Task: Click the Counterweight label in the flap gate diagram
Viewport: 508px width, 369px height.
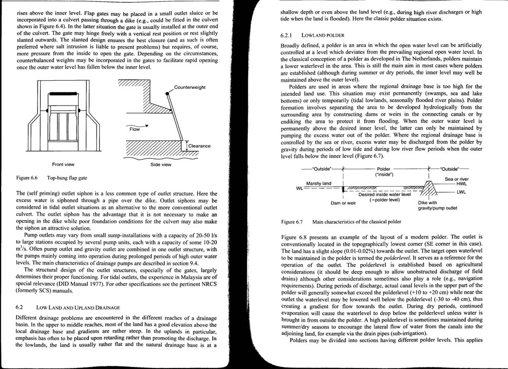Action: tap(189, 87)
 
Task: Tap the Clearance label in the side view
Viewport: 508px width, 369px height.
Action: tap(199, 146)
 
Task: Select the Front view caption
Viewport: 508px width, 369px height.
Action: tap(63, 164)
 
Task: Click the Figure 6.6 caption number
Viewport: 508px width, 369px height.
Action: tap(28, 179)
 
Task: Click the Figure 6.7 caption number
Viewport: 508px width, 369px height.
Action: tap(293, 222)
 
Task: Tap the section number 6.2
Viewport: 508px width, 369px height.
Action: tap(21, 308)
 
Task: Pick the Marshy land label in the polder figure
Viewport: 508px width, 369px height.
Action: tap(319, 183)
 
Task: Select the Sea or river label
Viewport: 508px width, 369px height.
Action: tap(457, 179)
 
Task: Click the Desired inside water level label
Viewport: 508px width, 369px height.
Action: tap(385, 194)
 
